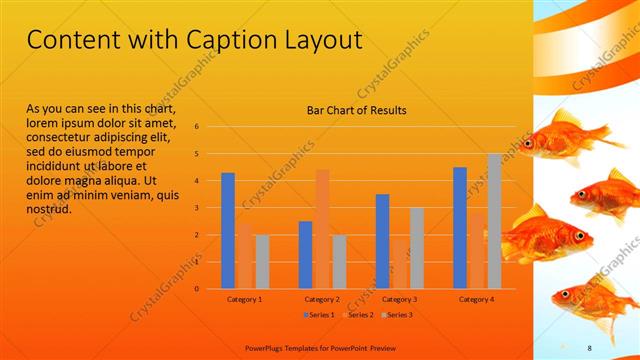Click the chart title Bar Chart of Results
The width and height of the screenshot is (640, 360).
356,110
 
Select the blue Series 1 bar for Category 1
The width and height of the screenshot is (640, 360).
228,230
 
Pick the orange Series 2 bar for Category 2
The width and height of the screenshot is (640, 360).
322,228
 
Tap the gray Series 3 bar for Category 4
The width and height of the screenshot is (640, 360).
494,221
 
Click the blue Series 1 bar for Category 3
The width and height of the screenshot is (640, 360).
382,241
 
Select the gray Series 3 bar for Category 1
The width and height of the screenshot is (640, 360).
261,261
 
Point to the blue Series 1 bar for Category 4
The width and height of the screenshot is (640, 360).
460,227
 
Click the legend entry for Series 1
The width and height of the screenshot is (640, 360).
319,315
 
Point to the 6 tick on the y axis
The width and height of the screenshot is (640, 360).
197,126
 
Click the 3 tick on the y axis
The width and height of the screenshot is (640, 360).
197,207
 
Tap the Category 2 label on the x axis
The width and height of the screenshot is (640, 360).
322,298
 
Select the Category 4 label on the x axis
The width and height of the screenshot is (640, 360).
477,298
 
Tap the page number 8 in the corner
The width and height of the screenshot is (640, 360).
590,346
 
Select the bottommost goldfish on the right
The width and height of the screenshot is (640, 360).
590,298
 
